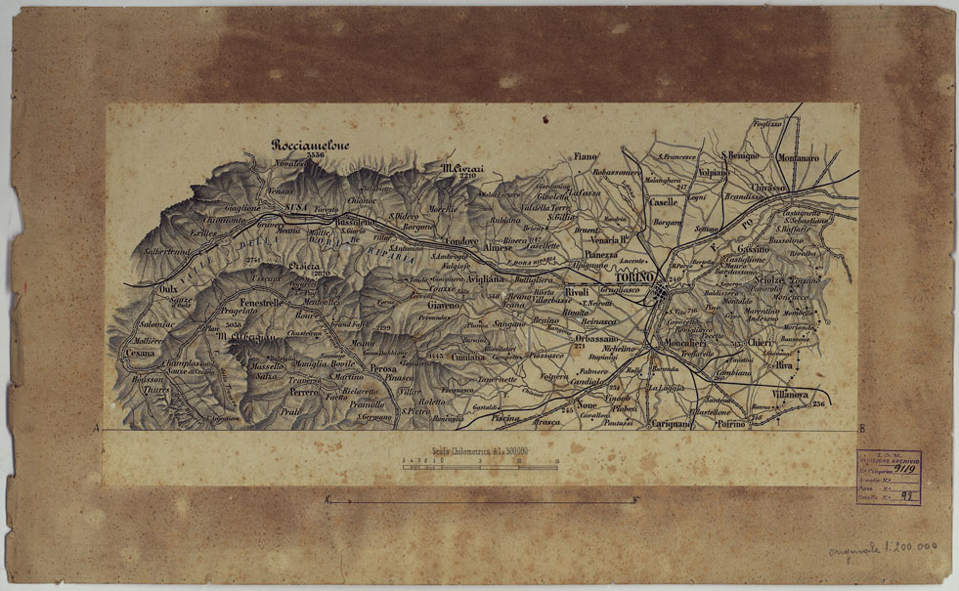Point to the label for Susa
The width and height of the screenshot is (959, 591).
tap(295, 209)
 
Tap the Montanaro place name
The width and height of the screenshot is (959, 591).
tap(798, 156)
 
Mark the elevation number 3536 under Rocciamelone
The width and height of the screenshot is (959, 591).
tap(315, 155)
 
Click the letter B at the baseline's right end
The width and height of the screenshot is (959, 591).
tap(860, 429)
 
